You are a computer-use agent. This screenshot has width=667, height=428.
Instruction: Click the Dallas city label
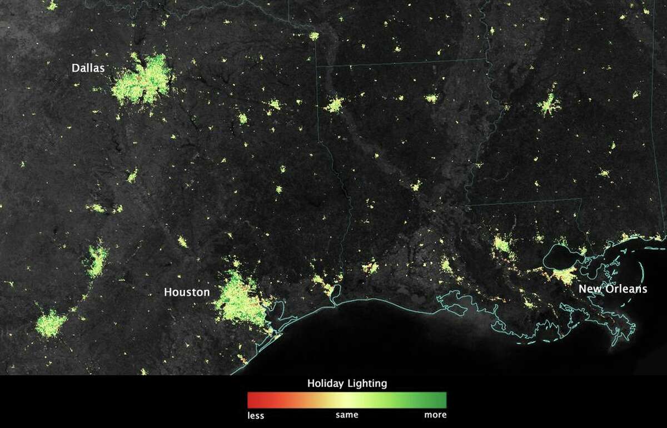(x=88, y=68)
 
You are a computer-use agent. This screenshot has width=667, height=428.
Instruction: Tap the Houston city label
(x=187, y=292)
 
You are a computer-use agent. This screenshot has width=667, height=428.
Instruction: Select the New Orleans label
(x=613, y=289)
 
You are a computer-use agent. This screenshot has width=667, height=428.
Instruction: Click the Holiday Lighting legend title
(x=347, y=384)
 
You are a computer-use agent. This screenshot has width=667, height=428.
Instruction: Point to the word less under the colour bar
(x=256, y=415)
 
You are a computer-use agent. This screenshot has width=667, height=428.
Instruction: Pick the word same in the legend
(x=347, y=415)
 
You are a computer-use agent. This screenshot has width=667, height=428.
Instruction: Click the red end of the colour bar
(x=251, y=400)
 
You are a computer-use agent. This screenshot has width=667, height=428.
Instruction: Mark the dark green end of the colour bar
(x=442, y=400)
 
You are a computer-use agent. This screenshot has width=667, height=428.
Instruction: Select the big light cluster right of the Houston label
(x=242, y=303)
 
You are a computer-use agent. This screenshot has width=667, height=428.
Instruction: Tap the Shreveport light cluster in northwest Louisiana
(x=334, y=104)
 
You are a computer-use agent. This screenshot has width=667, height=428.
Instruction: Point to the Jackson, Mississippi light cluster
(x=549, y=104)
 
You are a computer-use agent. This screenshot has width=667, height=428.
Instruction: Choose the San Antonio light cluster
(x=51, y=324)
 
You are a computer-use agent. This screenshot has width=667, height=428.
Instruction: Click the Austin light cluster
(x=97, y=260)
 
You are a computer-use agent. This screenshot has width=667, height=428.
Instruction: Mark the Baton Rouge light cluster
(x=502, y=244)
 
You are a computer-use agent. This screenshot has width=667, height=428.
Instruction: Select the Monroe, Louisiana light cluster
(x=431, y=98)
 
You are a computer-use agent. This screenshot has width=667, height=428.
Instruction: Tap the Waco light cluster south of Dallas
(x=132, y=177)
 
